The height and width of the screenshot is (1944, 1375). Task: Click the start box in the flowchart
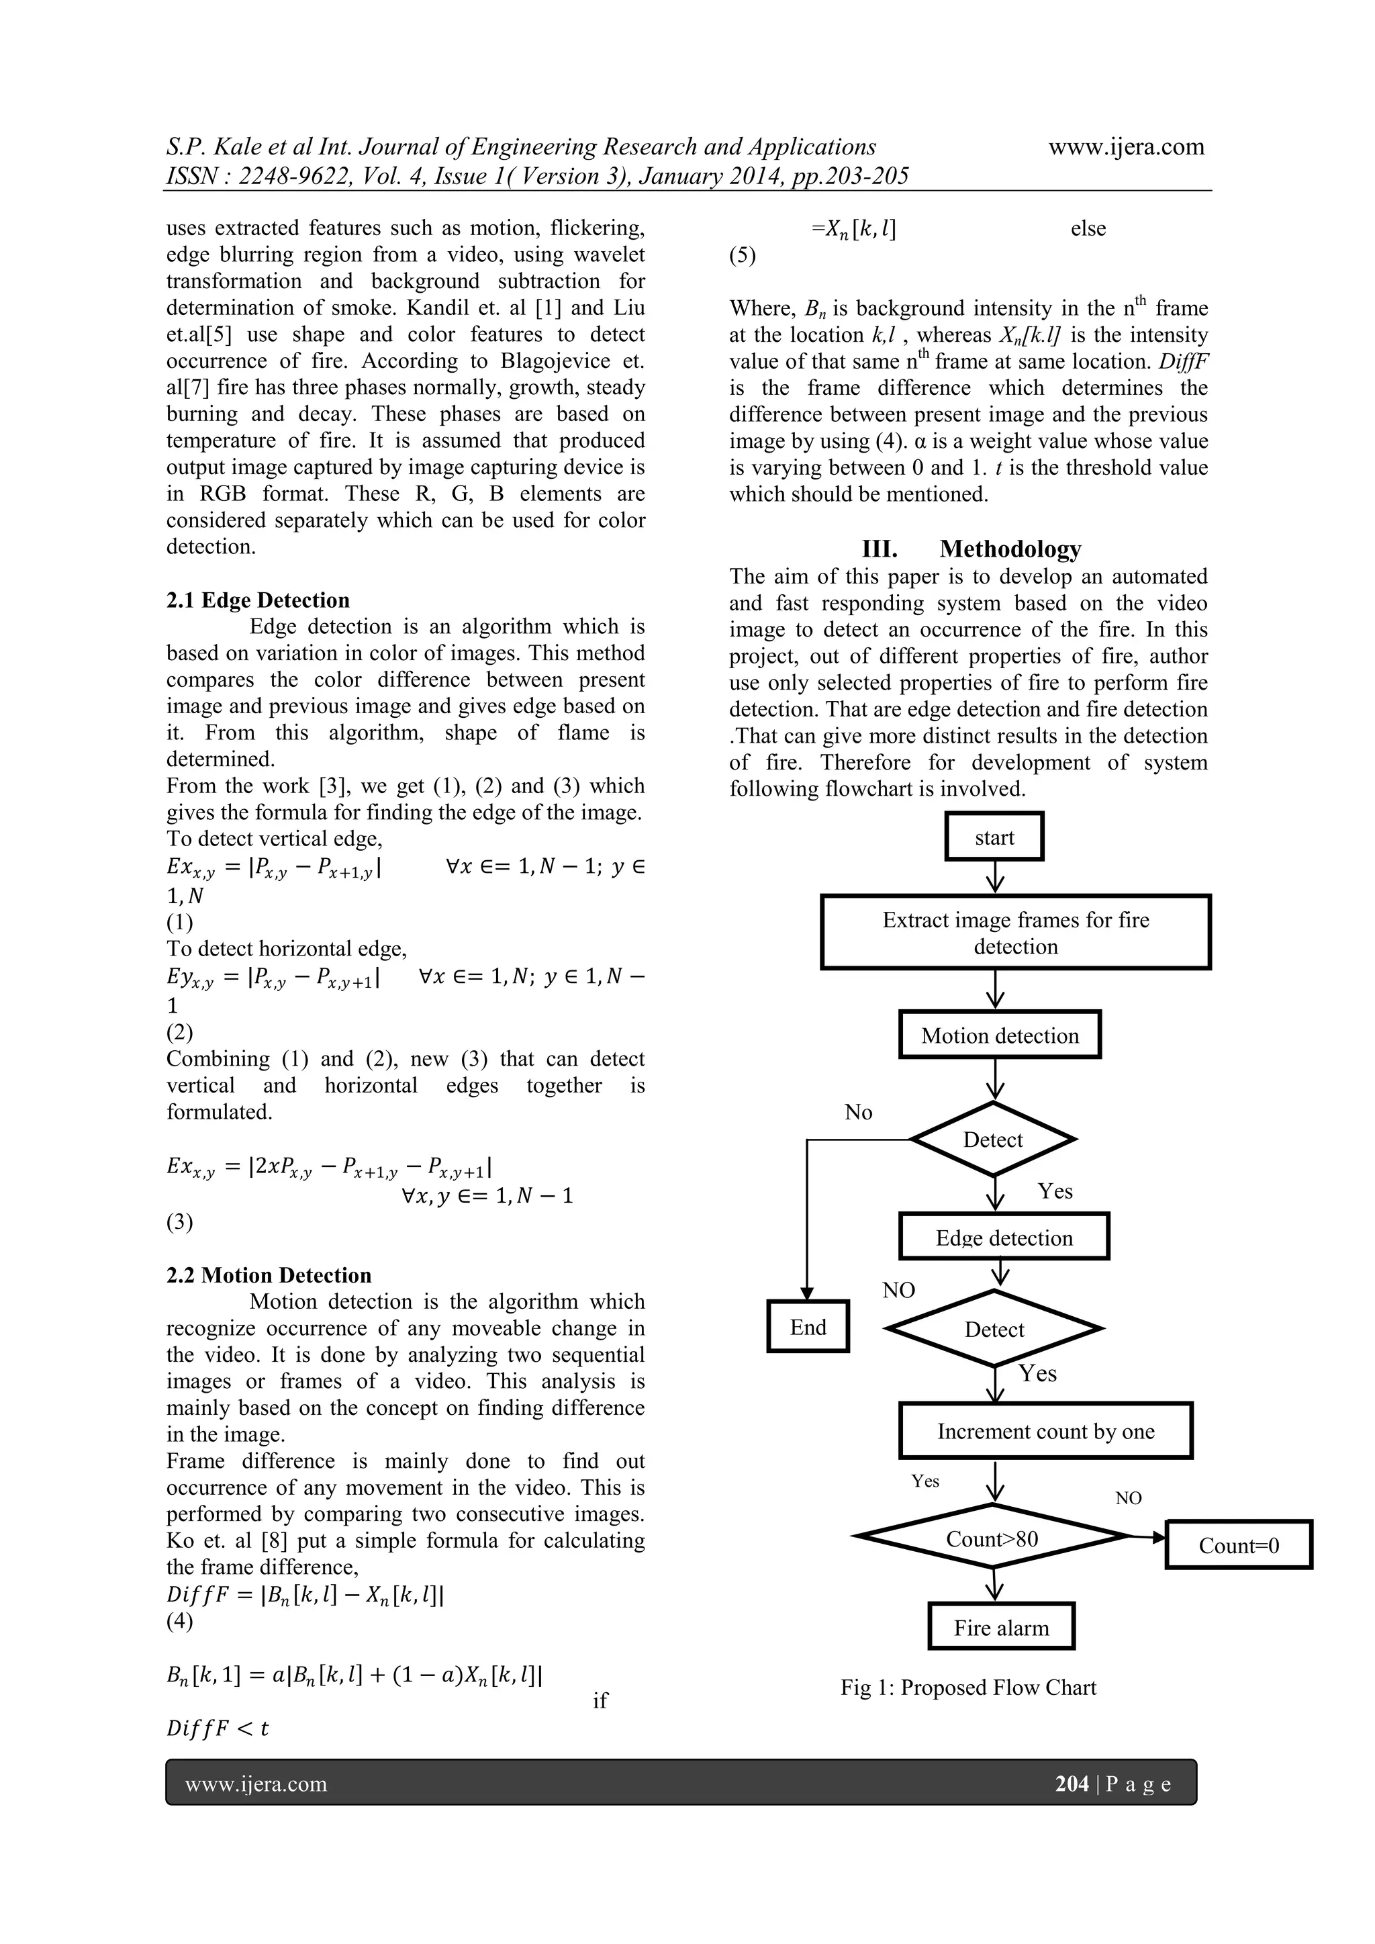[994, 837]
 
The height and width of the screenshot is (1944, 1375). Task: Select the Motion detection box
[999, 1035]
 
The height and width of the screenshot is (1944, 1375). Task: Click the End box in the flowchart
[808, 1327]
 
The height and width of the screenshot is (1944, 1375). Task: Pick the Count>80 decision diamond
[992, 1538]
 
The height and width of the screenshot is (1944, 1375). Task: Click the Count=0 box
[1239, 1545]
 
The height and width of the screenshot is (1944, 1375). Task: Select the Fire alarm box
[1001, 1627]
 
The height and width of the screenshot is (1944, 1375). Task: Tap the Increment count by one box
[1045, 1431]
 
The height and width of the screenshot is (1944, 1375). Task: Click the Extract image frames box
[1015, 932]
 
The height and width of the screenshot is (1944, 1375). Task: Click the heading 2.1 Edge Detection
[257, 600]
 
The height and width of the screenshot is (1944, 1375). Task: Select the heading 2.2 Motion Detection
[269, 1275]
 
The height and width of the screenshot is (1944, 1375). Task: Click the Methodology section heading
[1009, 549]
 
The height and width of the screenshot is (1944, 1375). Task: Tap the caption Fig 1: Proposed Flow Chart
[967, 1687]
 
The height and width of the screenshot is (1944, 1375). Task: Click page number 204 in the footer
[1071, 1784]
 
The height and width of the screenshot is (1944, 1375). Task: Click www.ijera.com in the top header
[1126, 146]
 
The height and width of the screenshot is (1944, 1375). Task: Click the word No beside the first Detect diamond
[857, 1112]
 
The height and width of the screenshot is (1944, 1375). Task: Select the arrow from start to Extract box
[996, 877]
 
